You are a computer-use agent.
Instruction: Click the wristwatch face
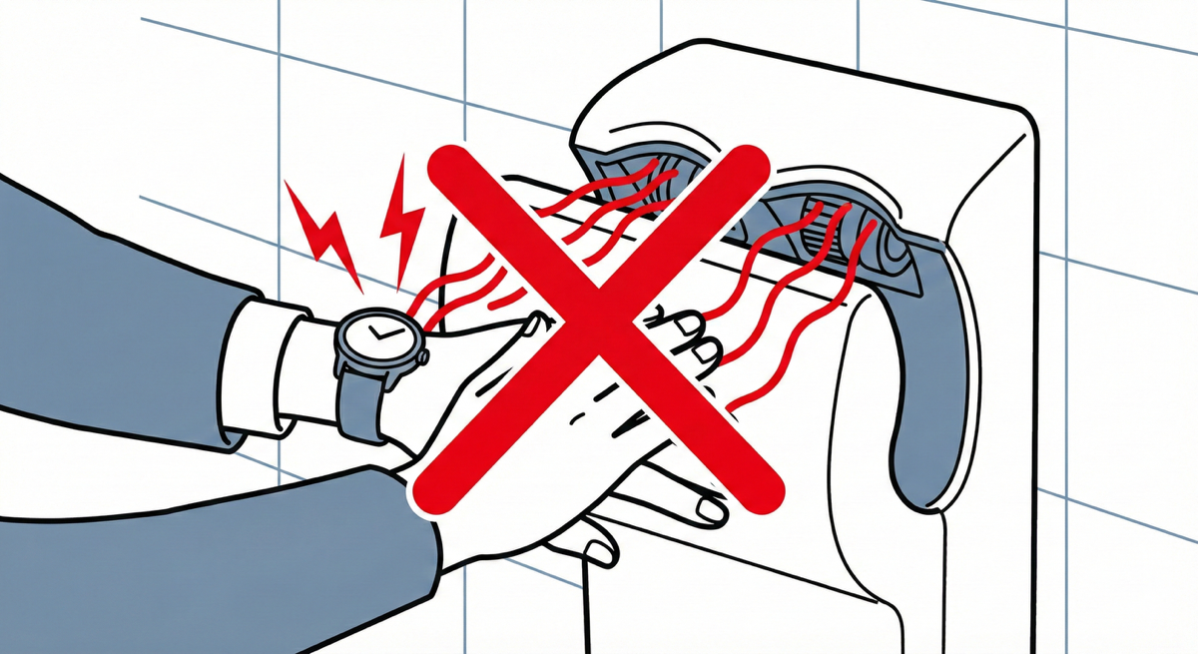pos(377,337)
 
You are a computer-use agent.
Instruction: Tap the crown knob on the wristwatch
pos(423,354)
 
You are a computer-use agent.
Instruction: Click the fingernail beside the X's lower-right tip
pos(711,511)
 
